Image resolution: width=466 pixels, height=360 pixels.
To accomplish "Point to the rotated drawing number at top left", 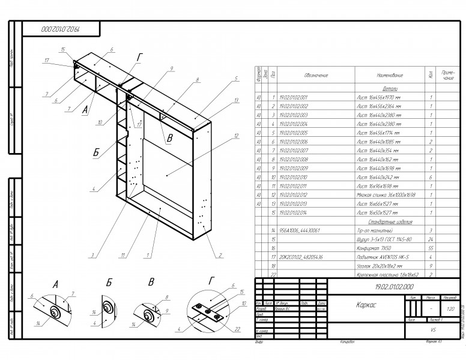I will click(x=61, y=28).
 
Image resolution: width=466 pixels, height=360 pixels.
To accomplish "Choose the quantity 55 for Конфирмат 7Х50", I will click(x=431, y=247).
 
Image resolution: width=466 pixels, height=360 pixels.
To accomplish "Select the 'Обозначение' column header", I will click(x=316, y=76).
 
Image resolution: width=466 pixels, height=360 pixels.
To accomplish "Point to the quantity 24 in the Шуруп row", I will click(x=431, y=239).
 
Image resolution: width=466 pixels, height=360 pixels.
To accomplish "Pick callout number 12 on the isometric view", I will click(x=237, y=136).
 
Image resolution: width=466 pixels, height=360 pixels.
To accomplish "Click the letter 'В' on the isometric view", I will click(x=170, y=138).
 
